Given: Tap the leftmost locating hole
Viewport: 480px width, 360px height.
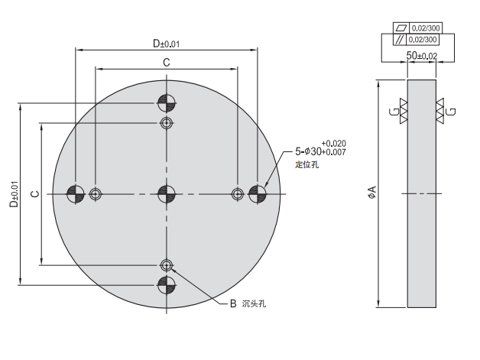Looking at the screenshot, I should coord(76,194).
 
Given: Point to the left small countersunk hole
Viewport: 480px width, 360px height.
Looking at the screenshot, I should coord(96,194).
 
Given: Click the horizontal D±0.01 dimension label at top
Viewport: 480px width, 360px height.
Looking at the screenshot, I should coord(166,44).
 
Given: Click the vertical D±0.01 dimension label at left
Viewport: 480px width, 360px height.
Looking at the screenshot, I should coord(13,194).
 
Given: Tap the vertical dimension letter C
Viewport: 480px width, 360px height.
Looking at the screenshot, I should coord(34,194).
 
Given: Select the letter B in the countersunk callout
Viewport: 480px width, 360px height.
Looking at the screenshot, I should coord(234,303).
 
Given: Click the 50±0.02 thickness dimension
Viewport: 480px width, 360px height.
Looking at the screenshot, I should coord(421,56).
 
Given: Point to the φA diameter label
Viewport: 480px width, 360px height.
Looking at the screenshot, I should coord(372,193).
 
